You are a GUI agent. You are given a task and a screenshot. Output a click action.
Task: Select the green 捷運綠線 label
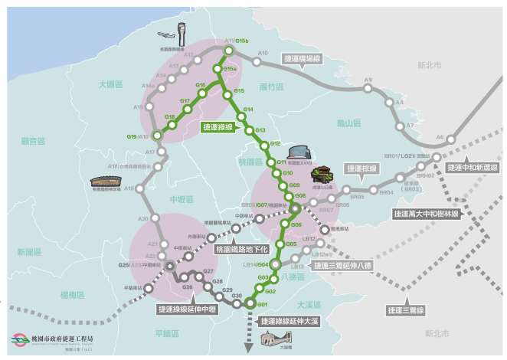pyautogui.click(x=218, y=127)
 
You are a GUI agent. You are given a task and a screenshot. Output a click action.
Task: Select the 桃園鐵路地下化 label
pyautogui.click(x=241, y=249)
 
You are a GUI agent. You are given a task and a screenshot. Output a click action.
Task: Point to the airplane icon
pyautogui.click(x=168, y=34)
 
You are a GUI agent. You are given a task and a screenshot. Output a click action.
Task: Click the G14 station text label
pyautogui.click(x=248, y=110)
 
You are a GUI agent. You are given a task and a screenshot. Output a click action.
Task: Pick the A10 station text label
pyautogui.click(x=263, y=54)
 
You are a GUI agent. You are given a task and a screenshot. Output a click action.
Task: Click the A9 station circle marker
pyautogui.click(x=368, y=88)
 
